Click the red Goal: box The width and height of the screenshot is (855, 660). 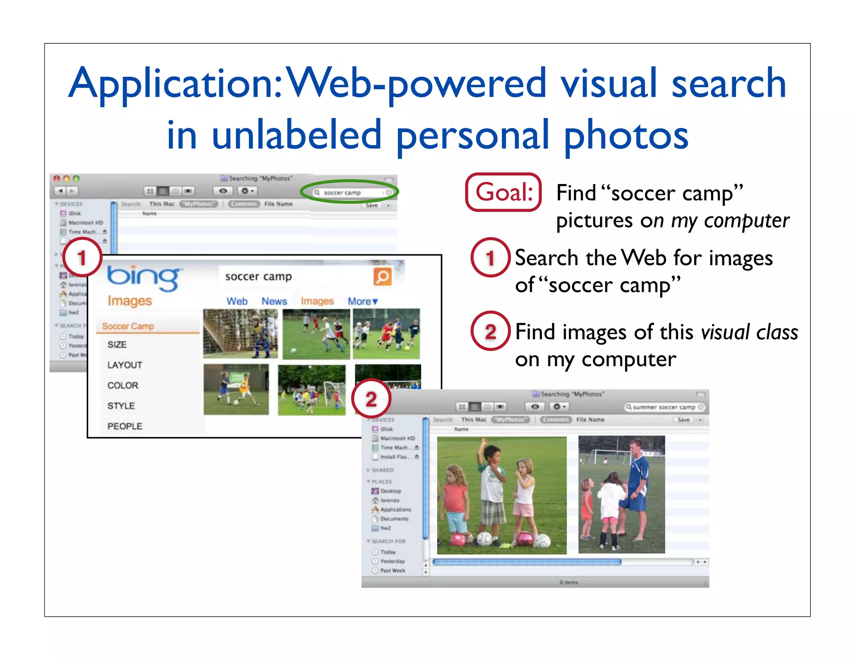point(503,192)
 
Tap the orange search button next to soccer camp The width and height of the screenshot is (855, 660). point(382,277)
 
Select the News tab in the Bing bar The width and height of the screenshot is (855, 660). point(274,301)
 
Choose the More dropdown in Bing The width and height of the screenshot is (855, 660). point(362,301)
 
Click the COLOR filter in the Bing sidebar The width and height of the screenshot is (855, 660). point(123,385)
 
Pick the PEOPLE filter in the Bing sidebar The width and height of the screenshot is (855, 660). point(125,426)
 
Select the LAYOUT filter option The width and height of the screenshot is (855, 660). point(125,365)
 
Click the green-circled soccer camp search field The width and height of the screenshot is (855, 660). point(349,192)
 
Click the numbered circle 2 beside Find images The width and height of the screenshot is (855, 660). point(491,332)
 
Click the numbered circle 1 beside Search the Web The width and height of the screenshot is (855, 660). point(491,258)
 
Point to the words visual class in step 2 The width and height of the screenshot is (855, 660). point(749,333)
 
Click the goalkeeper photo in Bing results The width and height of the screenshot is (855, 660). point(240,334)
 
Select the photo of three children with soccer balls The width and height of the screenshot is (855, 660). point(501,495)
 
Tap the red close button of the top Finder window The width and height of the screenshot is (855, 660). point(57,179)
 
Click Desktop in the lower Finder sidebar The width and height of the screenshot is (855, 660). point(390,491)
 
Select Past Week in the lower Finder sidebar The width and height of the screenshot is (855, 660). point(392,570)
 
